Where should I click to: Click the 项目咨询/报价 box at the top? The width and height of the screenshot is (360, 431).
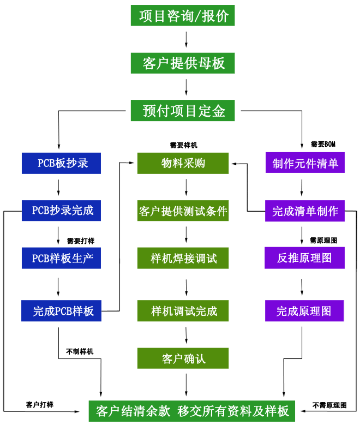[x=183, y=15]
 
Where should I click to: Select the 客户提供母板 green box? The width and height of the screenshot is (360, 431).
[x=183, y=63]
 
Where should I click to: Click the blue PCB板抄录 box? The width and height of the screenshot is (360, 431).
[x=61, y=163]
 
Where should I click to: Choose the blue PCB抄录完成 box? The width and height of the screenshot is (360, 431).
[x=61, y=210]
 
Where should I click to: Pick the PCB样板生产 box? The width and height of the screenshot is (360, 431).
[x=61, y=258]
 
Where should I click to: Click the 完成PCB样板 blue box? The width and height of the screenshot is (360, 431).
[x=61, y=311]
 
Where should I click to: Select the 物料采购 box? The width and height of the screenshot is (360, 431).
[x=183, y=163]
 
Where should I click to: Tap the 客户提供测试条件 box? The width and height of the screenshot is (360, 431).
[x=183, y=210]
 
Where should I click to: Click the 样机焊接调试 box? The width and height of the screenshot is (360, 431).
[x=183, y=258]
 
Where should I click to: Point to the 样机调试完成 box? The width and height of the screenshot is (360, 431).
[x=183, y=311]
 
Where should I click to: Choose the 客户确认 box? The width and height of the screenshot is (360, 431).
[x=183, y=358]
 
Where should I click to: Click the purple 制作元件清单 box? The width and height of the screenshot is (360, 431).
[x=304, y=163]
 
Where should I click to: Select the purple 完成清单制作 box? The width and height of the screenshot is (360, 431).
[x=304, y=210]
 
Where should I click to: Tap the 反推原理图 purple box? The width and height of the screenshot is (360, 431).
[x=304, y=258]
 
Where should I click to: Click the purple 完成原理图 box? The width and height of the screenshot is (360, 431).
[x=304, y=311]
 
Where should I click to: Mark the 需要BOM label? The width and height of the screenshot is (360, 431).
[x=323, y=144]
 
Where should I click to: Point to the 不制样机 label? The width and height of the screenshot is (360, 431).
[x=80, y=351]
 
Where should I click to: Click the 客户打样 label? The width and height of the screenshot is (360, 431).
[x=40, y=404]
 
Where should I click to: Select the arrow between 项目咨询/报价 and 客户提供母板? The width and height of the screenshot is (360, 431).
[x=187, y=39]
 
